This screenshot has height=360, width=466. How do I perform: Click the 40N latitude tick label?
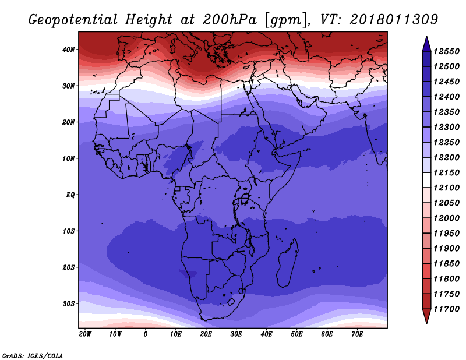69,50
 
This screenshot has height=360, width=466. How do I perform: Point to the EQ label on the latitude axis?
70,195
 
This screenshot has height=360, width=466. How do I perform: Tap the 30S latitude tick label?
69,304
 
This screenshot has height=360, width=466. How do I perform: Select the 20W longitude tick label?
85,334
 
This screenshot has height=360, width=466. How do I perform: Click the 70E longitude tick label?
357,334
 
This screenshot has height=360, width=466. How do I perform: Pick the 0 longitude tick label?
145,334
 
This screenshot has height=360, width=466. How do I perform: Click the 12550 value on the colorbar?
446,51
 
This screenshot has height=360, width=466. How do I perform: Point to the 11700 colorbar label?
446,309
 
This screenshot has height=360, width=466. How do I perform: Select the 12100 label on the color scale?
446,188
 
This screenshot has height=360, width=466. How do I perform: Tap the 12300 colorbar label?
446,127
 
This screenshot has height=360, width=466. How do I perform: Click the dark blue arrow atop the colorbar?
427,44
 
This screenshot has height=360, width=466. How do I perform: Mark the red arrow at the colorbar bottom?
427,316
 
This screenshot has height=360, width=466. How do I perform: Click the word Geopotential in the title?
73,20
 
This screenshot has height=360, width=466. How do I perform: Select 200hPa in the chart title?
229,20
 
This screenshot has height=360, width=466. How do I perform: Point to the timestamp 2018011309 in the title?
394,19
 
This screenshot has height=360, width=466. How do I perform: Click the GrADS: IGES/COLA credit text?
33,356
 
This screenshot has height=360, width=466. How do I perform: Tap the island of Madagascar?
287,263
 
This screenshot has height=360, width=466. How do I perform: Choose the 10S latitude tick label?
69,231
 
